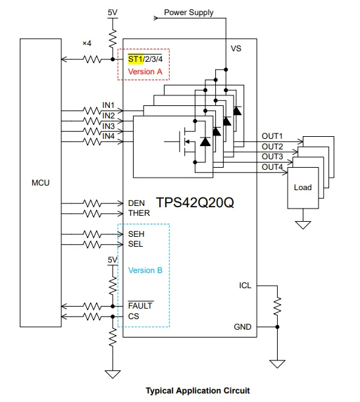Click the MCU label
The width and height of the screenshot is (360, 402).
(41, 183)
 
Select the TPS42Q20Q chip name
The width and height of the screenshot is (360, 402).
(195, 203)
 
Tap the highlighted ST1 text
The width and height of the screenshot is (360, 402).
(136, 59)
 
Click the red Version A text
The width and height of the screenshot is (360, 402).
(145, 72)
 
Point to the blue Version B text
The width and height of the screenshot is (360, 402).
(145, 270)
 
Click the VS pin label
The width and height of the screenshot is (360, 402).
(236, 49)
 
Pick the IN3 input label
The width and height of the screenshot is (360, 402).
(109, 126)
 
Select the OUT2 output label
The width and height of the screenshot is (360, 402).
(272, 147)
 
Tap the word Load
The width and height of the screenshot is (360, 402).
(303, 188)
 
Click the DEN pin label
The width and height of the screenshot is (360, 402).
(136, 203)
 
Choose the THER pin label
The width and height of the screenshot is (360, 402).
(139, 213)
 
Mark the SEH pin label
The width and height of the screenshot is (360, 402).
(136, 234)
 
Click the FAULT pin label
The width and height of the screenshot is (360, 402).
(140, 305)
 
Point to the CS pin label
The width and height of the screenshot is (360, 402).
(134, 316)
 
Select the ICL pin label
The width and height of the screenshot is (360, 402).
(245, 286)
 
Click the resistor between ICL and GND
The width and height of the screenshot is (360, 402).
(277, 307)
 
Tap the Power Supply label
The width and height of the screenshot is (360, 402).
(189, 13)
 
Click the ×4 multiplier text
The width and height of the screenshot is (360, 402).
(87, 43)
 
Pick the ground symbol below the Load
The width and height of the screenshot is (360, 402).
(303, 224)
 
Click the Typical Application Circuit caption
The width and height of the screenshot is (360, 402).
(197, 390)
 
